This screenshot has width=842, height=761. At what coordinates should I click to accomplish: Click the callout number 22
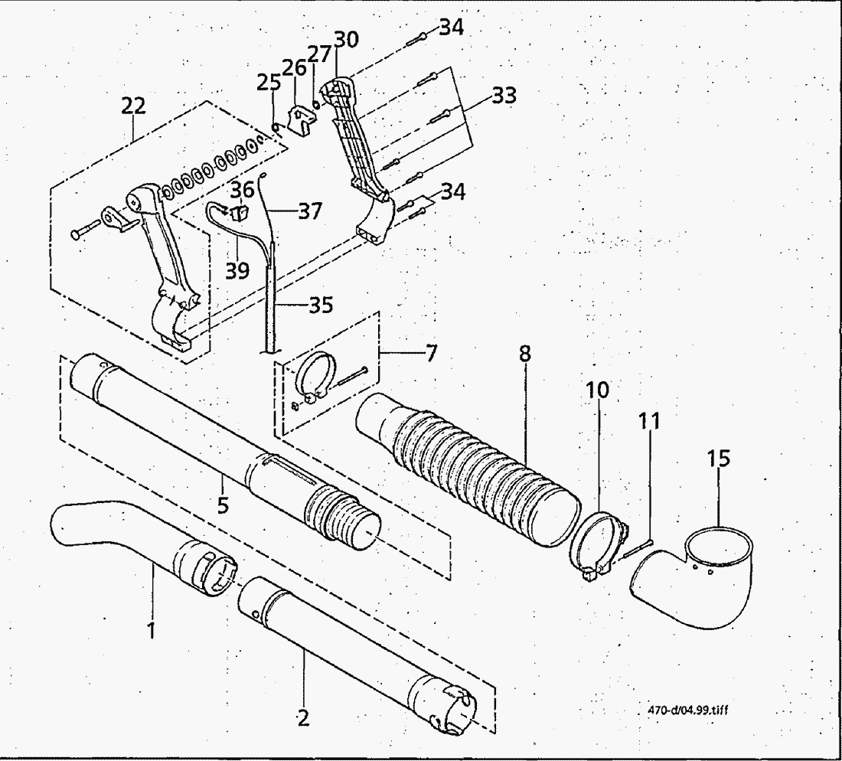[133, 106]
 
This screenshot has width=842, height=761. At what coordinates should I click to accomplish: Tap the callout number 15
[719, 458]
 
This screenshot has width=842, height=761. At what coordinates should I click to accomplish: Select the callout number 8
[525, 354]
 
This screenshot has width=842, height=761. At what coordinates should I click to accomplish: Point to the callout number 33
[504, 96]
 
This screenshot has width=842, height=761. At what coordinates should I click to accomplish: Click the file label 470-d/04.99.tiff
[688, 710]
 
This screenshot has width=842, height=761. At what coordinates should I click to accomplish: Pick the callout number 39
[237, 270]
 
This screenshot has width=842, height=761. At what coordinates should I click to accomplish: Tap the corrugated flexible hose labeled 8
[468, 468]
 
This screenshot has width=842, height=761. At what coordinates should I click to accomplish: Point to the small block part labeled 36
[239, 212]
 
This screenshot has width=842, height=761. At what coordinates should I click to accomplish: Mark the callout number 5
[223, 505]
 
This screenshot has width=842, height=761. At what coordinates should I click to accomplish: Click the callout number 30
[346, 39]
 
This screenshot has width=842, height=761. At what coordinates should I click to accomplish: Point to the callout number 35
[321, 305]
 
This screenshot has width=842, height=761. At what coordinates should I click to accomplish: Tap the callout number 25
[269, 82]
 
